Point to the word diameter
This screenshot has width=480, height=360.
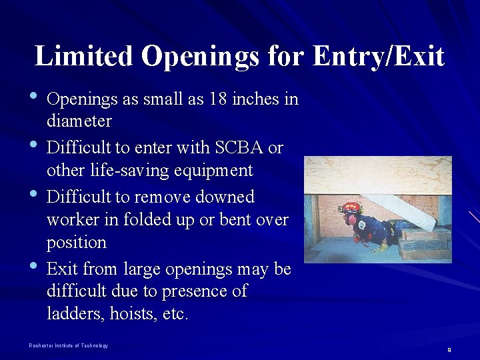[x=79, y=121]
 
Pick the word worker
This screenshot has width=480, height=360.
[x=72, y=219]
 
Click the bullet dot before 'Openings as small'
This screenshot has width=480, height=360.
[x=34, y=98]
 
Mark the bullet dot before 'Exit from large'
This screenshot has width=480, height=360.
[x=34, y=268]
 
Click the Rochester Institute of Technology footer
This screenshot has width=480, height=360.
[x=68, y=345]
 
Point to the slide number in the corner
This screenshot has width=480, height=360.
[x=449, y=349]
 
